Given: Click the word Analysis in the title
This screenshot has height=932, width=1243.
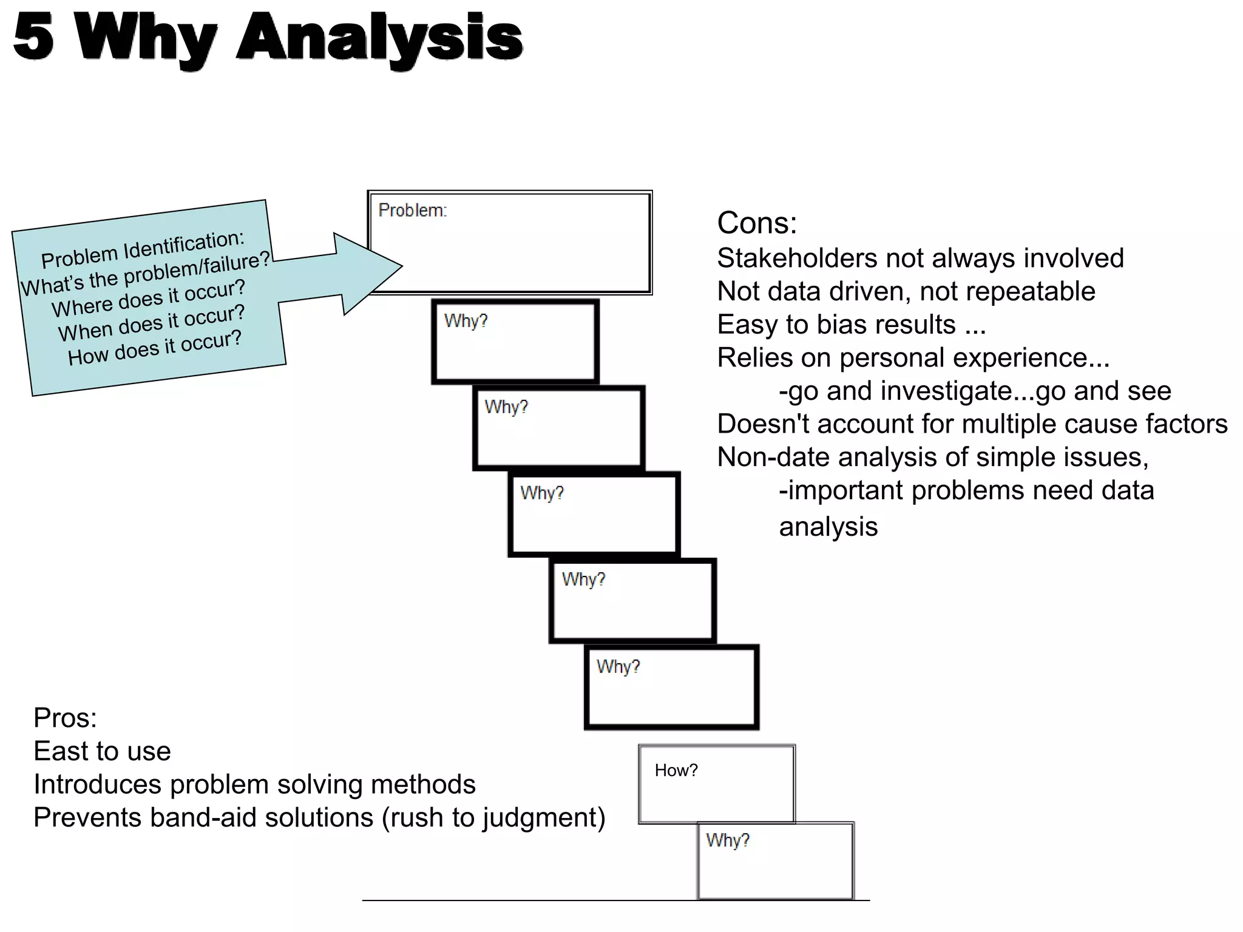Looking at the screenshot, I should tap(379, 38).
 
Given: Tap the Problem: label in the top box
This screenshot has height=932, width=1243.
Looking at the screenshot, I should tap(412, 211).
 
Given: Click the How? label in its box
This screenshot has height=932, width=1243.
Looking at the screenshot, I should tap(676, 771).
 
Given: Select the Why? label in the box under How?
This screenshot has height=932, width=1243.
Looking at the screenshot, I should tap(727, 840).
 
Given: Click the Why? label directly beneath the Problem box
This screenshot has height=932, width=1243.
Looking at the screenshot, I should tap(466, 321).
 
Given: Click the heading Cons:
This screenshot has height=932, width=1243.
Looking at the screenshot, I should tap(756, 223).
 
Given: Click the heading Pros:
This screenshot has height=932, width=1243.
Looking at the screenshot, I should tap(65, 718).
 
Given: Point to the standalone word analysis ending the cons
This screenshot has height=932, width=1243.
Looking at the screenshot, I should tap(828, 527).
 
